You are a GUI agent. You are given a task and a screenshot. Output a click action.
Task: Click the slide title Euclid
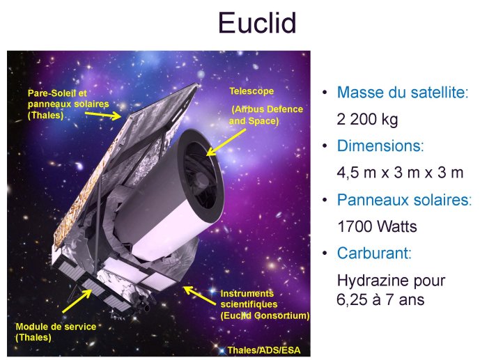pos(257,23)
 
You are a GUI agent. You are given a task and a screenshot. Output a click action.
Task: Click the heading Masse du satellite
pos(403,93)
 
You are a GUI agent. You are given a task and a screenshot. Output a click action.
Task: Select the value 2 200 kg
pos(367,119)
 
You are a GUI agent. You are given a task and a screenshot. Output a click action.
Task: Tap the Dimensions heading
pos(380,146)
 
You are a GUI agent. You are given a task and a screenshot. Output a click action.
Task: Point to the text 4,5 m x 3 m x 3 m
pos(400,173)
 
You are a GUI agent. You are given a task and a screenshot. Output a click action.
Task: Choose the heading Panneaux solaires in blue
pos(404,200)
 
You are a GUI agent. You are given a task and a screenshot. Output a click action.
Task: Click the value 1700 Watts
pos(377,226)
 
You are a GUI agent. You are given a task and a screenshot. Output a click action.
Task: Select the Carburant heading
pos(374,253)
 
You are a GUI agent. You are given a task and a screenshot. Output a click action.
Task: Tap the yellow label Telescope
pos(251,91)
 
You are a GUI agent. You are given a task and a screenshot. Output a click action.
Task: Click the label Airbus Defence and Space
pos(266,115)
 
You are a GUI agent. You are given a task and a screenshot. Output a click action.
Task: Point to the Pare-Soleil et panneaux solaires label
pos(68,104)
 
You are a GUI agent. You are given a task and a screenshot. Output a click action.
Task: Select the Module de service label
pos(56,332)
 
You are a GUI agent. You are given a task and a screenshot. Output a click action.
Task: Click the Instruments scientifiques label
pos(265,304)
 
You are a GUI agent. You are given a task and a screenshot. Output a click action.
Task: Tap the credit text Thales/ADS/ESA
pos(264,350)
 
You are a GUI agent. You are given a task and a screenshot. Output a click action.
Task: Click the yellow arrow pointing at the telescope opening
pos(226,142)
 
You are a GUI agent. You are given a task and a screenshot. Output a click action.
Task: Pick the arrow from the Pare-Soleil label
pos(103,116)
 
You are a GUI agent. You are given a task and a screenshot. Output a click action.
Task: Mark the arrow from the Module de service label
pos(77,301)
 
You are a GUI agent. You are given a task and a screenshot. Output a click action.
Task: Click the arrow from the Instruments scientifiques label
pos(199,295)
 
